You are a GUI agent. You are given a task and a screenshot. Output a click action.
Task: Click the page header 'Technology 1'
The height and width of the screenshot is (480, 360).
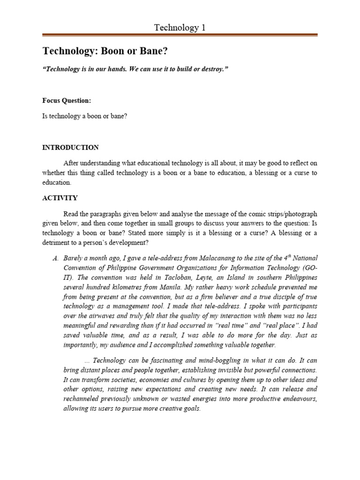tap(180, 28)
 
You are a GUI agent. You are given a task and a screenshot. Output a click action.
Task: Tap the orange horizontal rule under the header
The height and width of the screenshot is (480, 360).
tap(180, 35)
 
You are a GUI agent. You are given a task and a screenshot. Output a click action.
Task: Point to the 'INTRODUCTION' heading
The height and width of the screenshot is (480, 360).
tap(70, 147)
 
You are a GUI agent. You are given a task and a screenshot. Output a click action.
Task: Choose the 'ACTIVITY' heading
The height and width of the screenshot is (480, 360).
tap(60, 198)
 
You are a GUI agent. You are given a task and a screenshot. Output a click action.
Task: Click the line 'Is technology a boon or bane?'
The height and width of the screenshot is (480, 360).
tap(84, 116)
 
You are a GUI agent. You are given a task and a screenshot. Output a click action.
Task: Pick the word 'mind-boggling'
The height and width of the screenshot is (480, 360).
tap(205, 360)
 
